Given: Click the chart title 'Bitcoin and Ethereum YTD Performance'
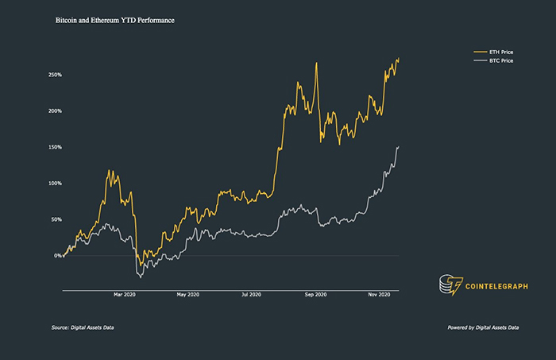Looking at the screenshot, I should pyautogui.click(x=114, y=18).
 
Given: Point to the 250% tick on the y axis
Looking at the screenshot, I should pyautogui.click(x=55, y=75).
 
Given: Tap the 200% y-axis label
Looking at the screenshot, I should pyautogui.click(x=55, y=111).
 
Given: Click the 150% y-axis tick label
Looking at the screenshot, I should pyautogui.click(x=55, y=147).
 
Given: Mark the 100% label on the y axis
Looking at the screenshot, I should pyautogui.click(x=55, y=184).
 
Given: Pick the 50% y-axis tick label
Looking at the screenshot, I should pyautogui.click(x=56, y=219).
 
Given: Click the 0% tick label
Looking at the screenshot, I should pyautogui.click(x=58, y=256).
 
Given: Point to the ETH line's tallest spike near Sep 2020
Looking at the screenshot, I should pyautogui.click(x=317, y=64).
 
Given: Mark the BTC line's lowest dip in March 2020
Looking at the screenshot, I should pyautogui.click(x=140, y=277).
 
